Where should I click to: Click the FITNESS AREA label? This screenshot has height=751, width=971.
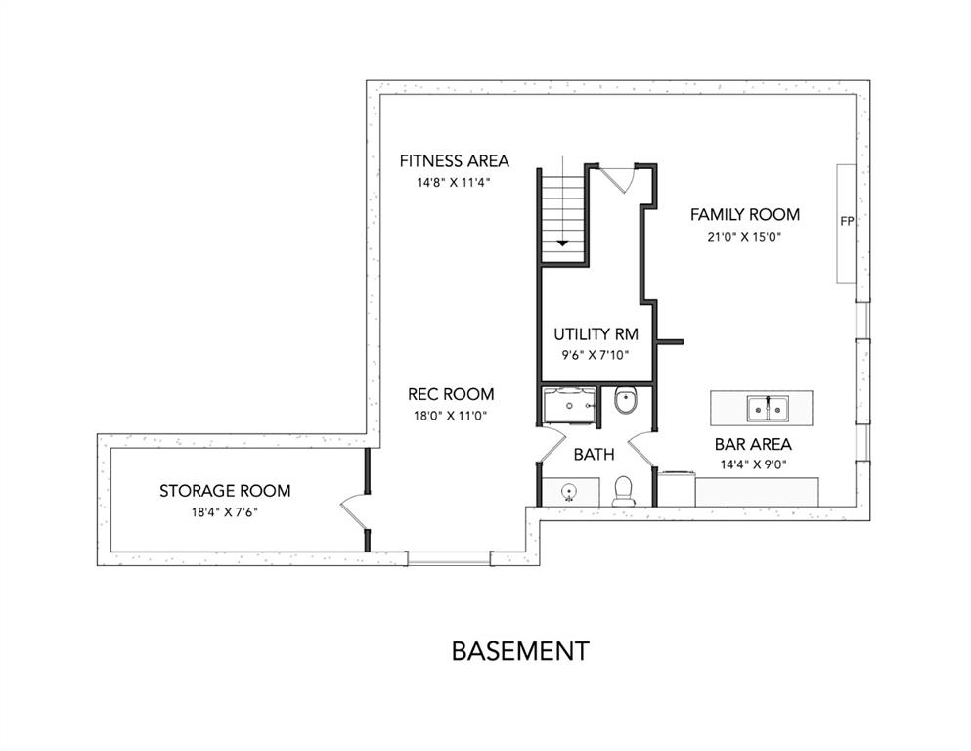(x=454, y=161)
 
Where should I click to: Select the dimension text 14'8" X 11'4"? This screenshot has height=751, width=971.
(x=454, y=183)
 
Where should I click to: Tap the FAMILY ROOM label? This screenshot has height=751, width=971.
(x=745, y=215)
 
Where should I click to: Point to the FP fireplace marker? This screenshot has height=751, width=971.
(x=847, y=221)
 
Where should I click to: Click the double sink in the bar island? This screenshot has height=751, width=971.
(x=768, y=409)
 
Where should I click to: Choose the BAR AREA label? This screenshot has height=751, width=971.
(x=753, y=444)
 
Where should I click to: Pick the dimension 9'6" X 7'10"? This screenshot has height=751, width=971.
(x=596, y=355)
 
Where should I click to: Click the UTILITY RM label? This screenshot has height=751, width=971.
(x=596, y=334)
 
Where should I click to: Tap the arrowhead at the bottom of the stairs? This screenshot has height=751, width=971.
(x=561, y=243)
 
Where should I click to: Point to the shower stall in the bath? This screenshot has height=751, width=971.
(x=568, y=406)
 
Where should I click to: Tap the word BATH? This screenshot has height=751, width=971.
(x=594, y=455)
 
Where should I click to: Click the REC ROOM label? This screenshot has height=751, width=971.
(x=451, y=394)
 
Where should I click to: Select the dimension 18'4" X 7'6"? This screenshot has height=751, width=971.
(x=225, y=512)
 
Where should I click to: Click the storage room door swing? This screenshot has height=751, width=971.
(x=352, y=509)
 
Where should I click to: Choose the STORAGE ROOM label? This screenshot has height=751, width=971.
(x=225, y=491)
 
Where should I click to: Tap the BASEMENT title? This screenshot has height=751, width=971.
(x=520, y=651)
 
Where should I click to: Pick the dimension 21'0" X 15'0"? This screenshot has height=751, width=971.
(x=745, y=237)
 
